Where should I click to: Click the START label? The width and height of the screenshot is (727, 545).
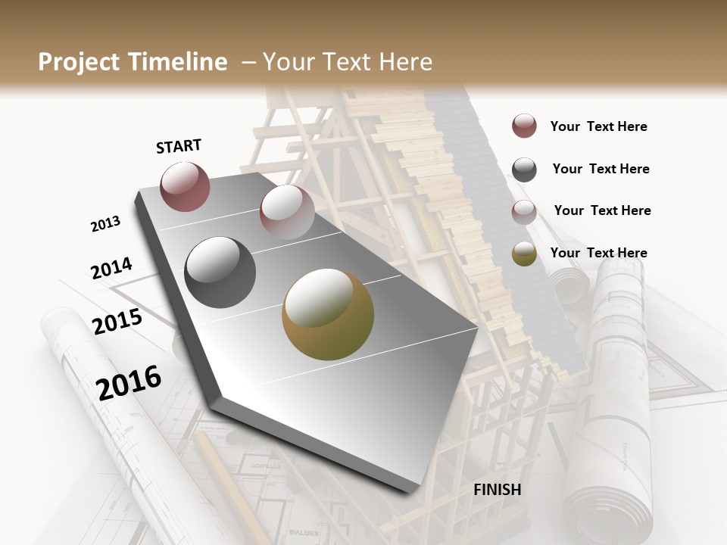point(179,146)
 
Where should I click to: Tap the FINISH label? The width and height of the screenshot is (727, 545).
point(498,490)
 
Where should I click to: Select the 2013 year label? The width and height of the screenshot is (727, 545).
point(106,224)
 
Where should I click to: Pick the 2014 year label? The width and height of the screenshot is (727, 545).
point(111,269)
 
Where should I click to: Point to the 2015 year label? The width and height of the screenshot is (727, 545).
point(117,322)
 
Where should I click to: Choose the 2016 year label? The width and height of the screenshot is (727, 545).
point(129,382)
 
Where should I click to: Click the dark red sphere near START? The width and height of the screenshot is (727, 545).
point(185,187)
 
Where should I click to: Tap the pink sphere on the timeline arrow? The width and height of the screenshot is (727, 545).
point(287,212)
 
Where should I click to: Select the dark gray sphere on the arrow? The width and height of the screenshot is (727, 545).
point(220,272)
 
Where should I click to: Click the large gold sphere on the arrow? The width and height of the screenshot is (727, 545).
point(328,314)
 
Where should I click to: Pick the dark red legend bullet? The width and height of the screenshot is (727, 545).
point(524,126)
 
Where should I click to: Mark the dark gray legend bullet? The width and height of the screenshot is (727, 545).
point(524,170)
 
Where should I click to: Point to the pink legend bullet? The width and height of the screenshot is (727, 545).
point(524,212)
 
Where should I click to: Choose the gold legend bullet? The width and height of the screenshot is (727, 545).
point(524,254)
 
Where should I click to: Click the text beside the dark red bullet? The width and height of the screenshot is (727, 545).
point(598,126)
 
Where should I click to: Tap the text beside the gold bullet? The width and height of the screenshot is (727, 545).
point(598,253)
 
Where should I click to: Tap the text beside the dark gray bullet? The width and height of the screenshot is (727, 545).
point(601,169)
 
